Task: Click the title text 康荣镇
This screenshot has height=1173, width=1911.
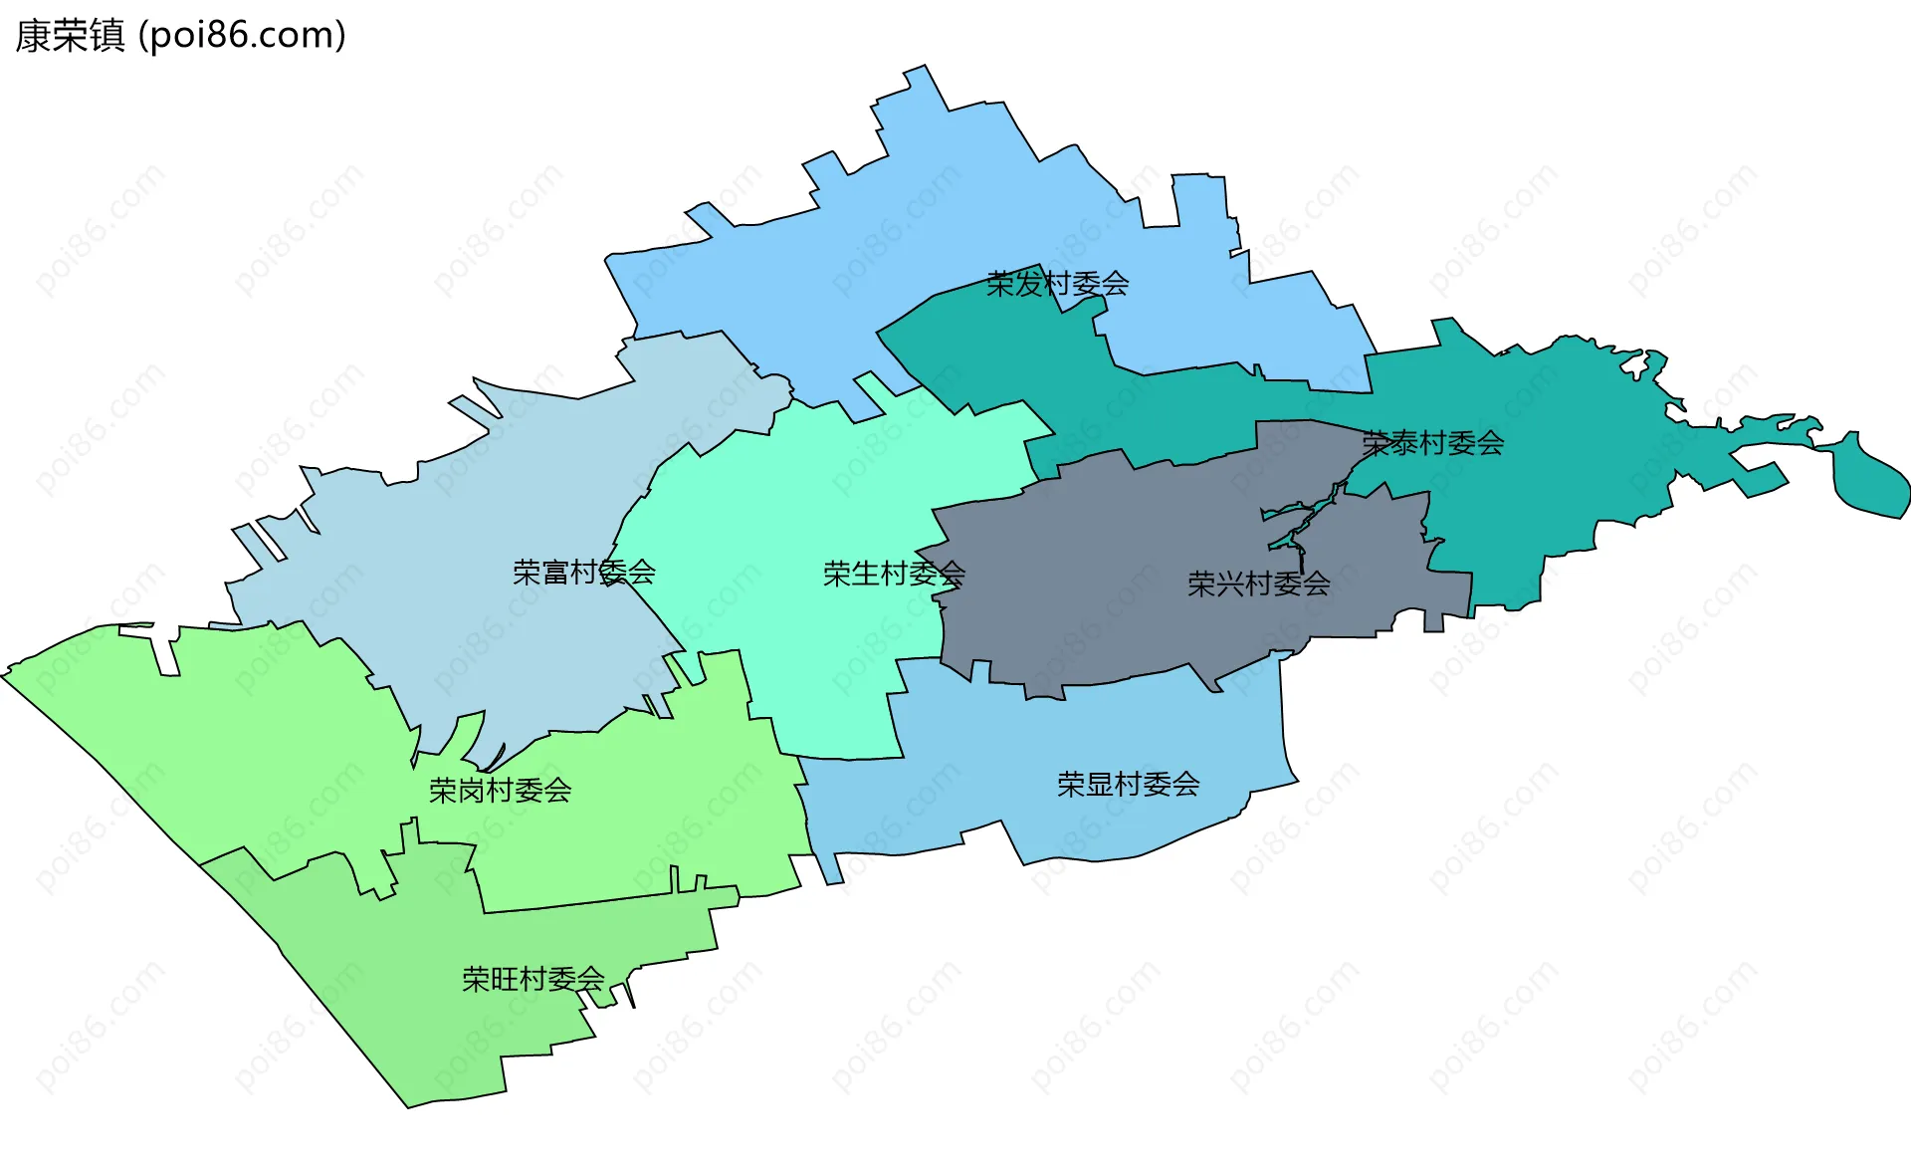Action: tap(70, 36)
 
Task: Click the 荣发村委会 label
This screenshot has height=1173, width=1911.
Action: tap(1057, 285)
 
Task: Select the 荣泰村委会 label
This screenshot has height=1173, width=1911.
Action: tap(1432, 443)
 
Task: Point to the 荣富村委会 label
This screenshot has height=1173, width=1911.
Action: tap(584, 573)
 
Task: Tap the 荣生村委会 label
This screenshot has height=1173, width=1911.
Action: tap(894, 574)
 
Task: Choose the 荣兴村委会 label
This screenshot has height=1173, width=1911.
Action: tap(1258, 584)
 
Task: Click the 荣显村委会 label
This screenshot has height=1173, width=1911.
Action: tap(1128, 785)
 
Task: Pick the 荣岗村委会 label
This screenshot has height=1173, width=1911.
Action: tap(500, 791)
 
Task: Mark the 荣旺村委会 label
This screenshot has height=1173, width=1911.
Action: tap(532, 979)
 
